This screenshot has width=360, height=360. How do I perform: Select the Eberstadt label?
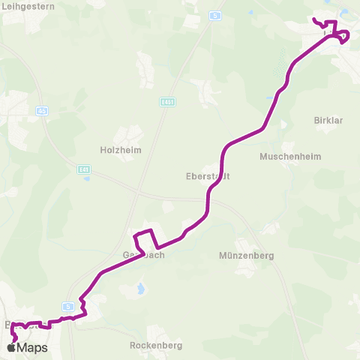tap(207, 177)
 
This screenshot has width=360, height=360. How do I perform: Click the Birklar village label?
tap(328, 120)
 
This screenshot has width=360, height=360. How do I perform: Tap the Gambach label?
tap(143, 254)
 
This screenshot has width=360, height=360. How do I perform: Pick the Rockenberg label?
tap(157, 345)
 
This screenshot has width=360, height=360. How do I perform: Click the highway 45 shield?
tap(41, 111)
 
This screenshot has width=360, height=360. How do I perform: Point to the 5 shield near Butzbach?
tap(68, 306)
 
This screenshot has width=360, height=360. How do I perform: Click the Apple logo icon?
tap(13, 348)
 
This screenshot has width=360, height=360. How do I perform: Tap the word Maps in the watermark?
tap(33, 348)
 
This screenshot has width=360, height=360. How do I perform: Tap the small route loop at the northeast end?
tap(343, 37)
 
